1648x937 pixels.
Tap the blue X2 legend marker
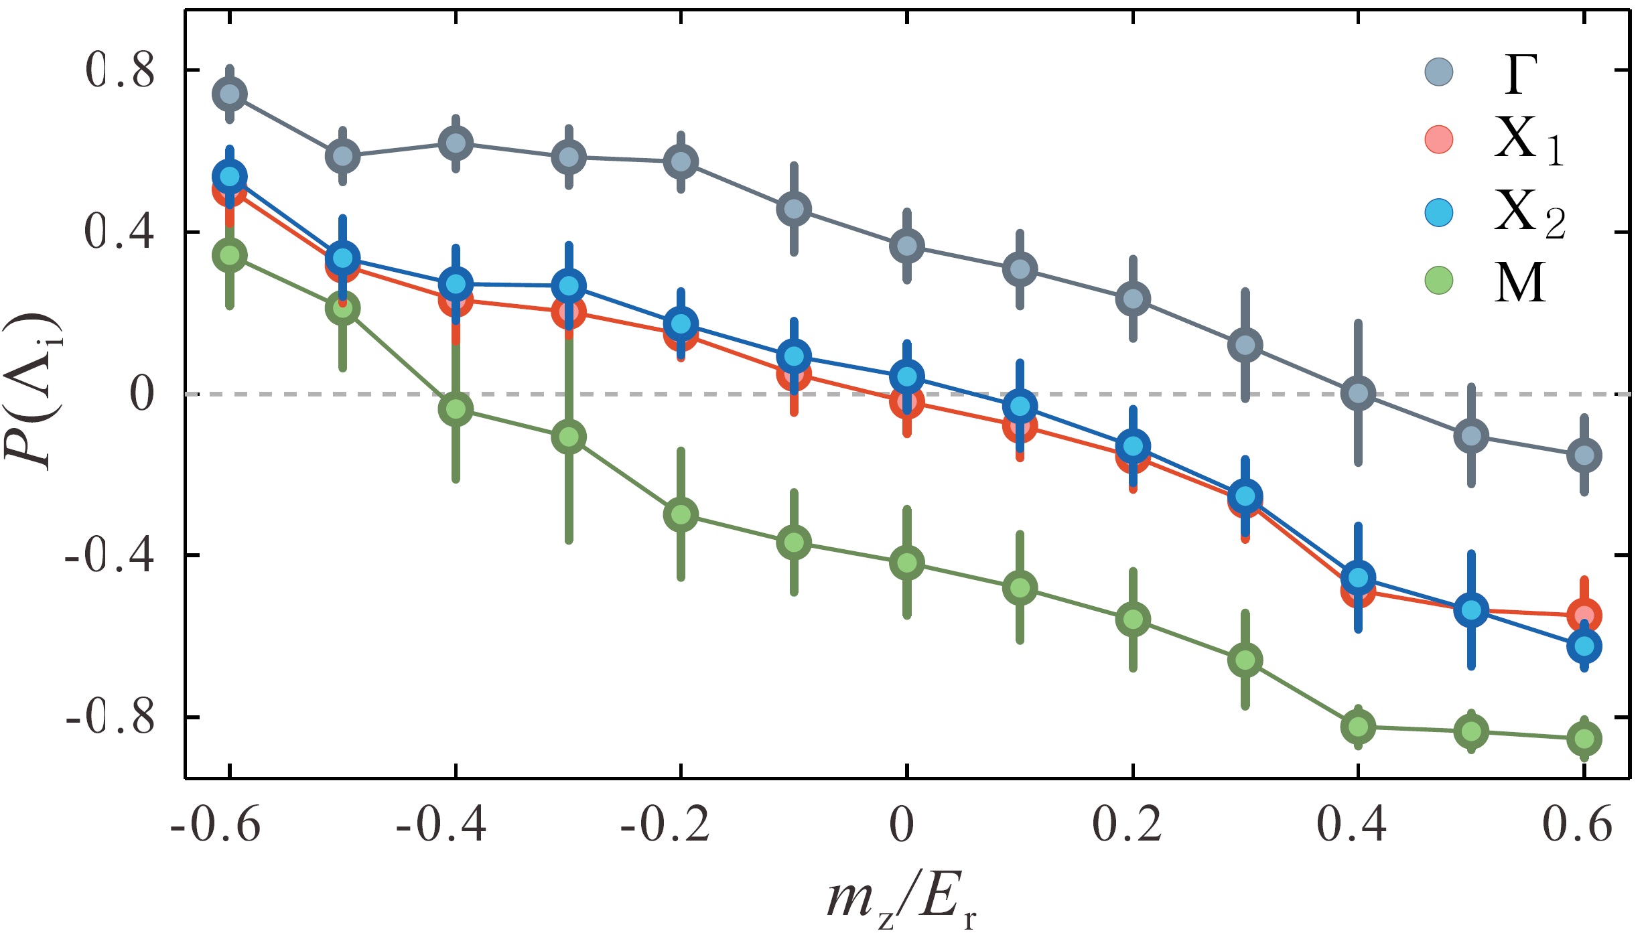(1439, 214)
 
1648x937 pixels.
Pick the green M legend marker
(1439, 280)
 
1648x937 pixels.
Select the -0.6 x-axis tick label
(215, 824)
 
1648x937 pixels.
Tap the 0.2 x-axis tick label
(1127, 824)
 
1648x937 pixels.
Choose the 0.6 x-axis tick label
(1577, 824)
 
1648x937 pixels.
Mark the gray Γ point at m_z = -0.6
(230, 94)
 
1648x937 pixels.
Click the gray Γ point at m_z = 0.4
(1358, 393)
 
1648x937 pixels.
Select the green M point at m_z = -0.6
(230, 255)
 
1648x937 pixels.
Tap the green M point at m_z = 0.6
(1584, 739)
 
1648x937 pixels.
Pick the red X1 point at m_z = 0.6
(1584, 615)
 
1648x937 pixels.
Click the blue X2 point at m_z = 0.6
(1584, 646)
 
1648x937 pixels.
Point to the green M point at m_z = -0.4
(456, 409)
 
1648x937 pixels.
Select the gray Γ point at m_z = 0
(906, 246)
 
